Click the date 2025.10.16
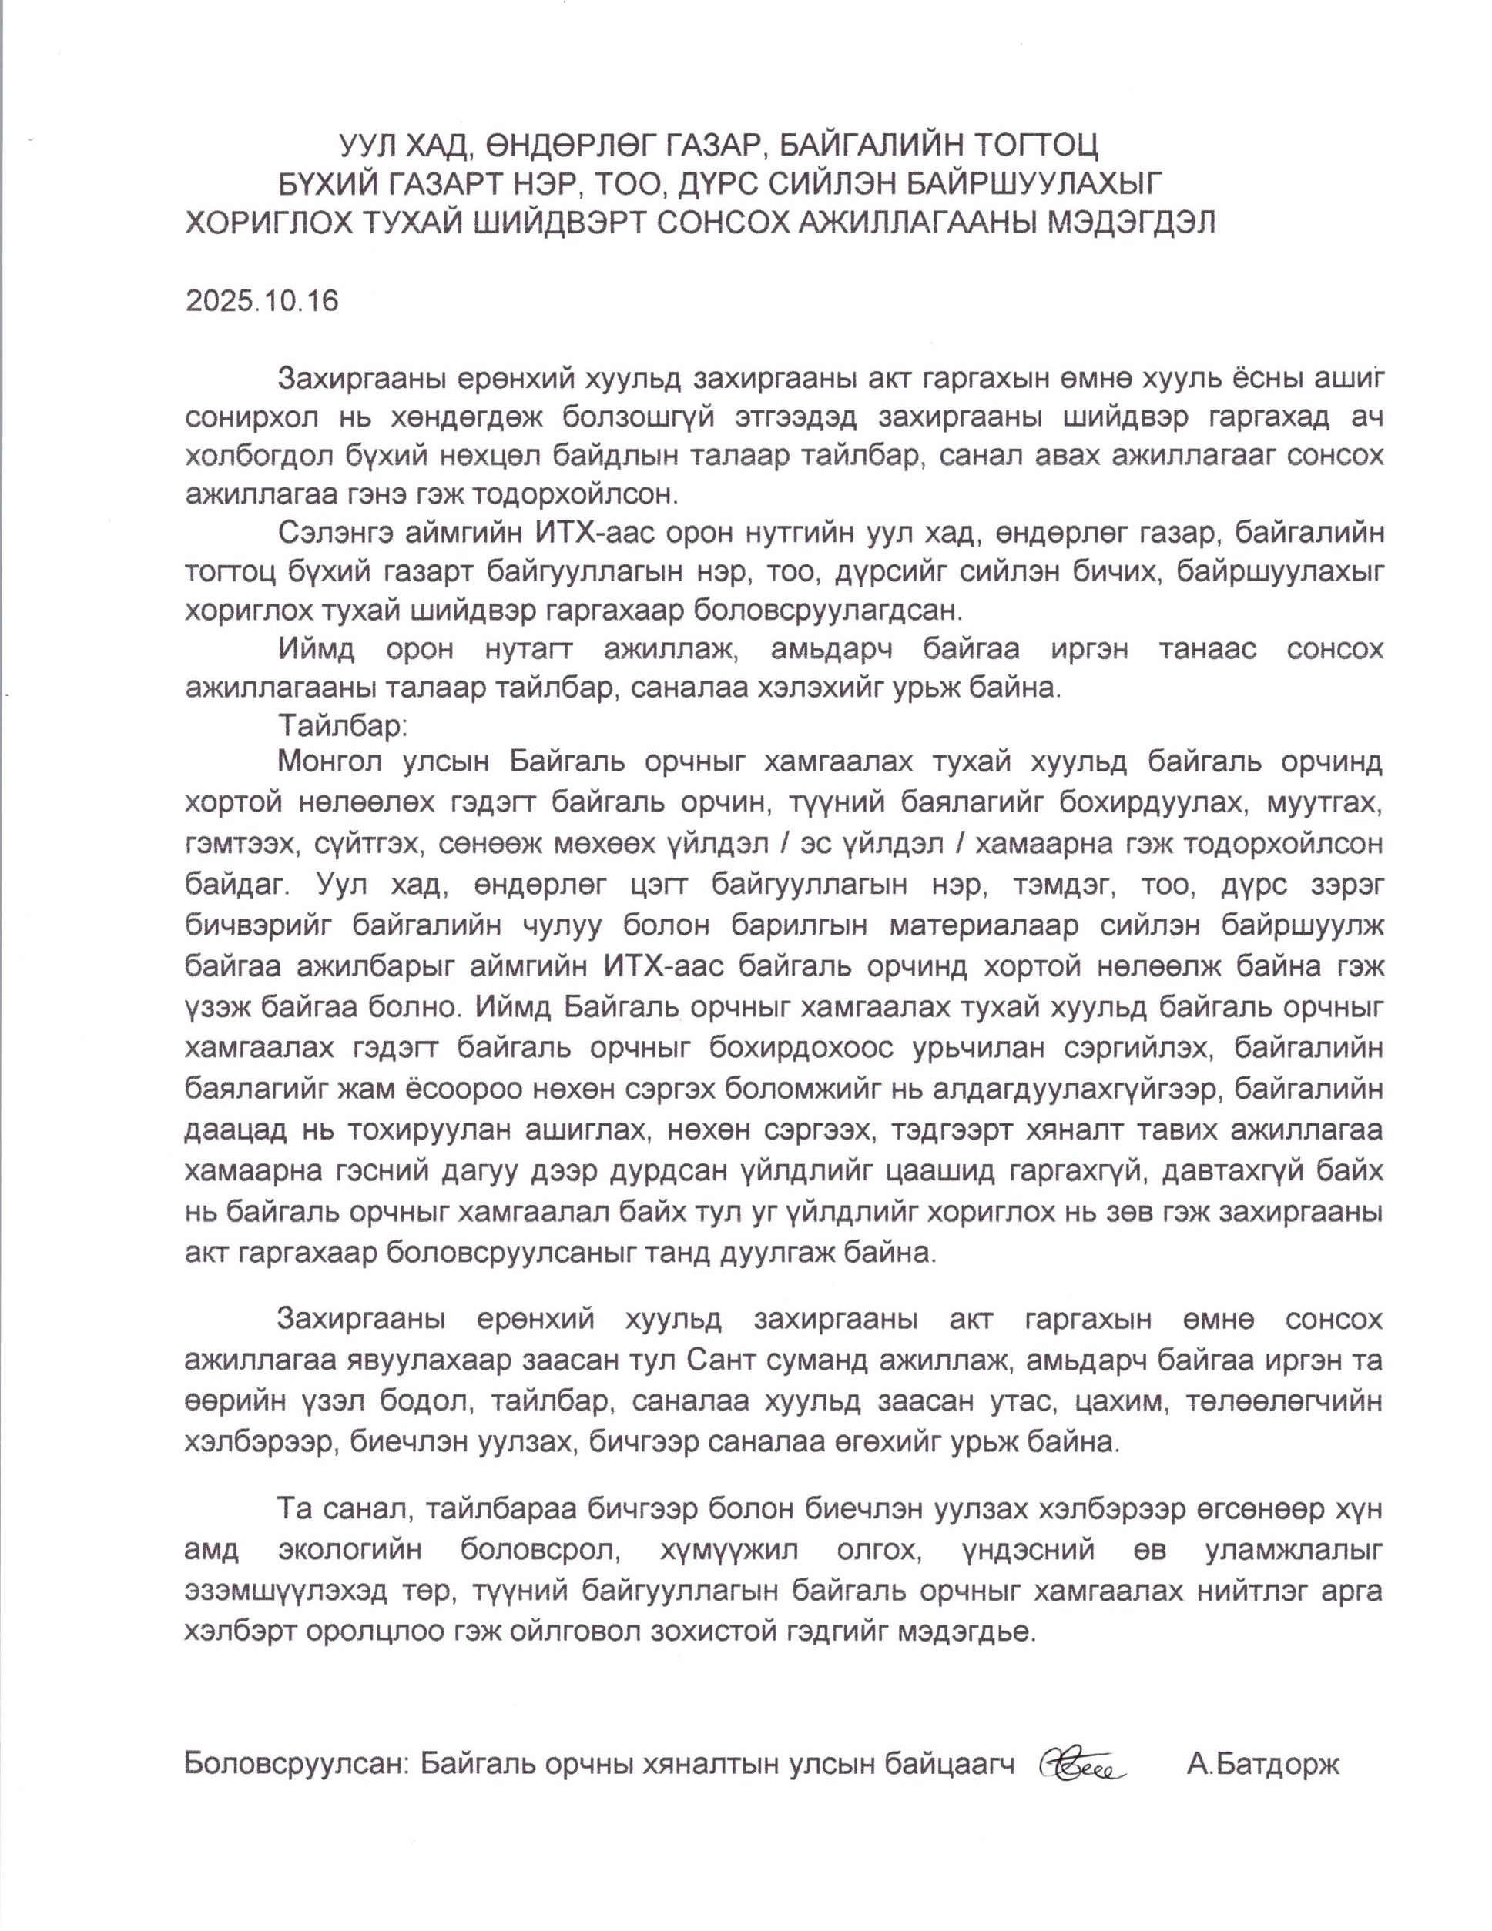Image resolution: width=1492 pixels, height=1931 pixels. tap(262, 302)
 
